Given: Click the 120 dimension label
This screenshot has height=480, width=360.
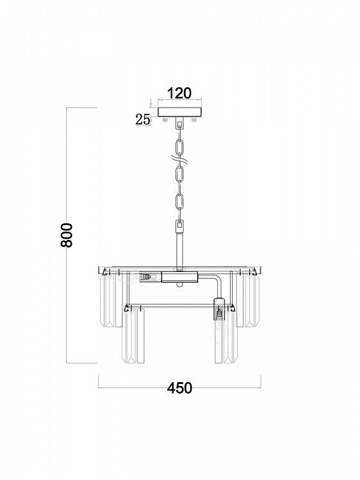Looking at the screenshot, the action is (x=179, y=93).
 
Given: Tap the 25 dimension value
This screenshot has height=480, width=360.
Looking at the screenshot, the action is (x=143, y=120).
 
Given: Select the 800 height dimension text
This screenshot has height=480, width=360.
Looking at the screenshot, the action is (x=67, y=235).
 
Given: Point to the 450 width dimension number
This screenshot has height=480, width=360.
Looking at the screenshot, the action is (x=179, y=388).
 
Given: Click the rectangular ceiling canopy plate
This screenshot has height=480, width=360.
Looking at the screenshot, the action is (x=180, y=112).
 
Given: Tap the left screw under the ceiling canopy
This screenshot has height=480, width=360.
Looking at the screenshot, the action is (x=165, y=119).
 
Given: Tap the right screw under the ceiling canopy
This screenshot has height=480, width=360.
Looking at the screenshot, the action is (x=193, y=119).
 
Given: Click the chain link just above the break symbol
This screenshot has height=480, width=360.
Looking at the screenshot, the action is (x=180, y=147).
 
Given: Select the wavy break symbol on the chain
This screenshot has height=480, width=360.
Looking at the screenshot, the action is (x=180, y=159).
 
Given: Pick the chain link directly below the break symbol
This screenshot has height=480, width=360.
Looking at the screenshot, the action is (x=180, y=173).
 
